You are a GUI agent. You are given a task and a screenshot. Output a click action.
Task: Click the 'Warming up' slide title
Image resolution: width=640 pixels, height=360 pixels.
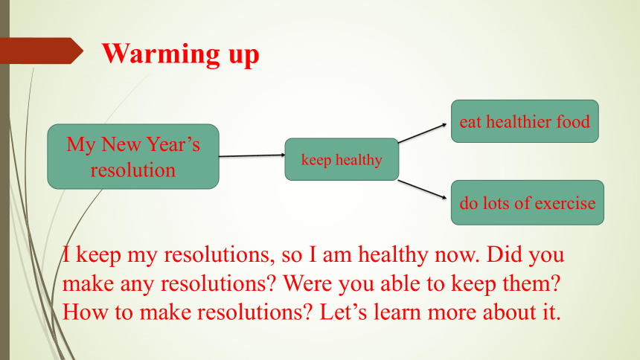(x=180, y=54)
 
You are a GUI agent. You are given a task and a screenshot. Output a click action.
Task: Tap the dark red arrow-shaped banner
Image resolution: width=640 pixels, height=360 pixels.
(x=41, y=51)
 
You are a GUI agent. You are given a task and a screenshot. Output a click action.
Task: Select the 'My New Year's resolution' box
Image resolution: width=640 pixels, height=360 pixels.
(x=133, y=156)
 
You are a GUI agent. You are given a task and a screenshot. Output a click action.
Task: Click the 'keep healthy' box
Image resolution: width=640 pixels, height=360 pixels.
(x=342, y=159)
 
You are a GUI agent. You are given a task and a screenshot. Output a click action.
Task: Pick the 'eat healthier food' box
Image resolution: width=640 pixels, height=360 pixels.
(x=525, y=121)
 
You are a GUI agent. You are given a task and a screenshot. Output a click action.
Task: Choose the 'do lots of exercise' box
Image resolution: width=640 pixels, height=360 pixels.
(x=528, y=202)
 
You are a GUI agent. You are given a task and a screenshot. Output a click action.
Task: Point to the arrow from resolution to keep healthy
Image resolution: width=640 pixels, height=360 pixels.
(x=252, y=155)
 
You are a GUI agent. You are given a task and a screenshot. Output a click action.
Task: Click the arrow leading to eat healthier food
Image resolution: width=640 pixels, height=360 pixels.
(x=423, y=133)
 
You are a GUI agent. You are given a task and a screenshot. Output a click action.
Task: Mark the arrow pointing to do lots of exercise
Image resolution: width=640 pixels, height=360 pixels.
(x=423, y=190)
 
